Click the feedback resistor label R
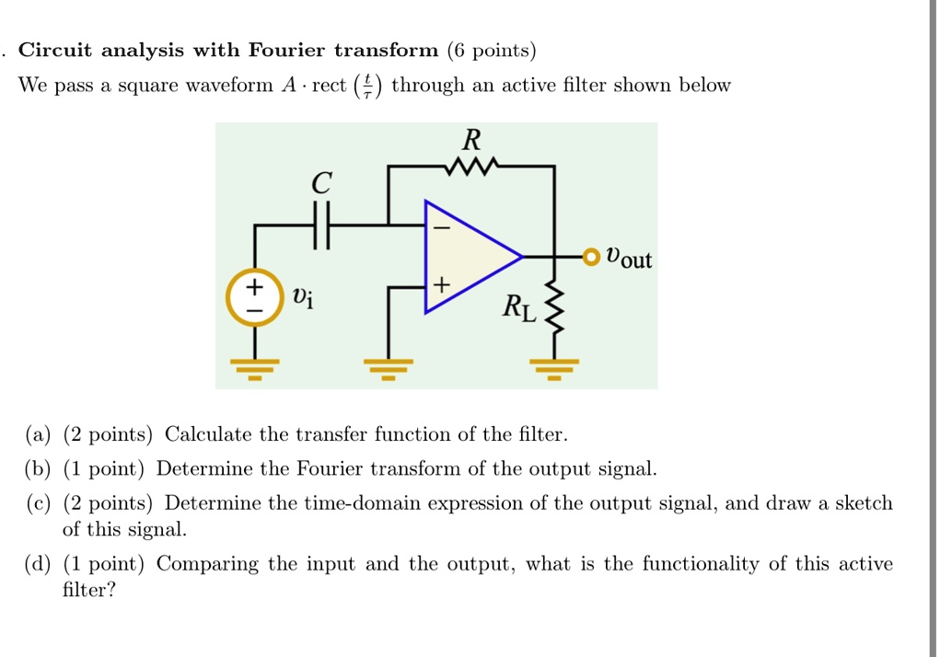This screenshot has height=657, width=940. (470, 141)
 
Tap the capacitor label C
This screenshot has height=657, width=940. (320, 183)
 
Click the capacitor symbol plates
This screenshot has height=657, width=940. (319, 225)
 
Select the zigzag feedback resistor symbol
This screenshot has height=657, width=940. (470, 167)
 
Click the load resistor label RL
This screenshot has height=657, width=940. (517, 307)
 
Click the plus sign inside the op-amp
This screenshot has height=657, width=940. (441, 286)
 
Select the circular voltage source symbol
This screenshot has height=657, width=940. (253, 297)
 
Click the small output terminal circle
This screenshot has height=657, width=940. (589, 255)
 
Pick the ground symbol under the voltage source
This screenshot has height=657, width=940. (253, 370)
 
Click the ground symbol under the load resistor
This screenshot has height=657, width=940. (554, 370)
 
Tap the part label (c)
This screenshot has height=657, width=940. (40, 503)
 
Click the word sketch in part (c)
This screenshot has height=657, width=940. (863, 503)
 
